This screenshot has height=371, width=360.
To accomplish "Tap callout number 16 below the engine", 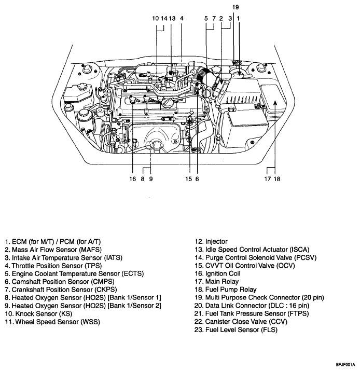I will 133,179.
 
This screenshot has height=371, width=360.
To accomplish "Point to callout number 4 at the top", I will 182,18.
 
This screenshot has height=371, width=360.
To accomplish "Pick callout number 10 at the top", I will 156,18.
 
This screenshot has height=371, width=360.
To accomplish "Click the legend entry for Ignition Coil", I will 218,273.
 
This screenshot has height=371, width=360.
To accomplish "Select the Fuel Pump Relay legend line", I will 226,289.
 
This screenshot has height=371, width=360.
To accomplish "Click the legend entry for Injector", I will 211,241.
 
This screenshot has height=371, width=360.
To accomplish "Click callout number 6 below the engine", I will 197,179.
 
